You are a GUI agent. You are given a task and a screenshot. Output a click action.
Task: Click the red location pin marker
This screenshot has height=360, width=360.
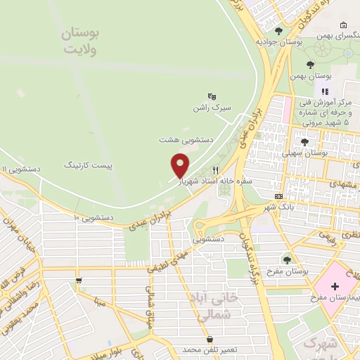(x=181, y=165)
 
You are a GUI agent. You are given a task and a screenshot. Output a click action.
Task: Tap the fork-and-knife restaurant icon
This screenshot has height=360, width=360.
(x=216, y=170)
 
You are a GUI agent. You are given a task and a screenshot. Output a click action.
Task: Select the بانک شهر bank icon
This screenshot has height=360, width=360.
(x=279, y=196)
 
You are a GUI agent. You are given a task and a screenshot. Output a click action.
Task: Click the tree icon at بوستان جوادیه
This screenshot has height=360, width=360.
(x=279, y=31)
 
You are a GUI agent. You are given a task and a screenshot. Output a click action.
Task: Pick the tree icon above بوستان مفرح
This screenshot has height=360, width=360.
(x=285, y=259)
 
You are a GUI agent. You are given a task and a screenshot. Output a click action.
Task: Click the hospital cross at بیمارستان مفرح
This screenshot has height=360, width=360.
(x=335, y=286)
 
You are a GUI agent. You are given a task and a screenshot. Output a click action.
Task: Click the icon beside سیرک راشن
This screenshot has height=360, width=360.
(x=210, y=96)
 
